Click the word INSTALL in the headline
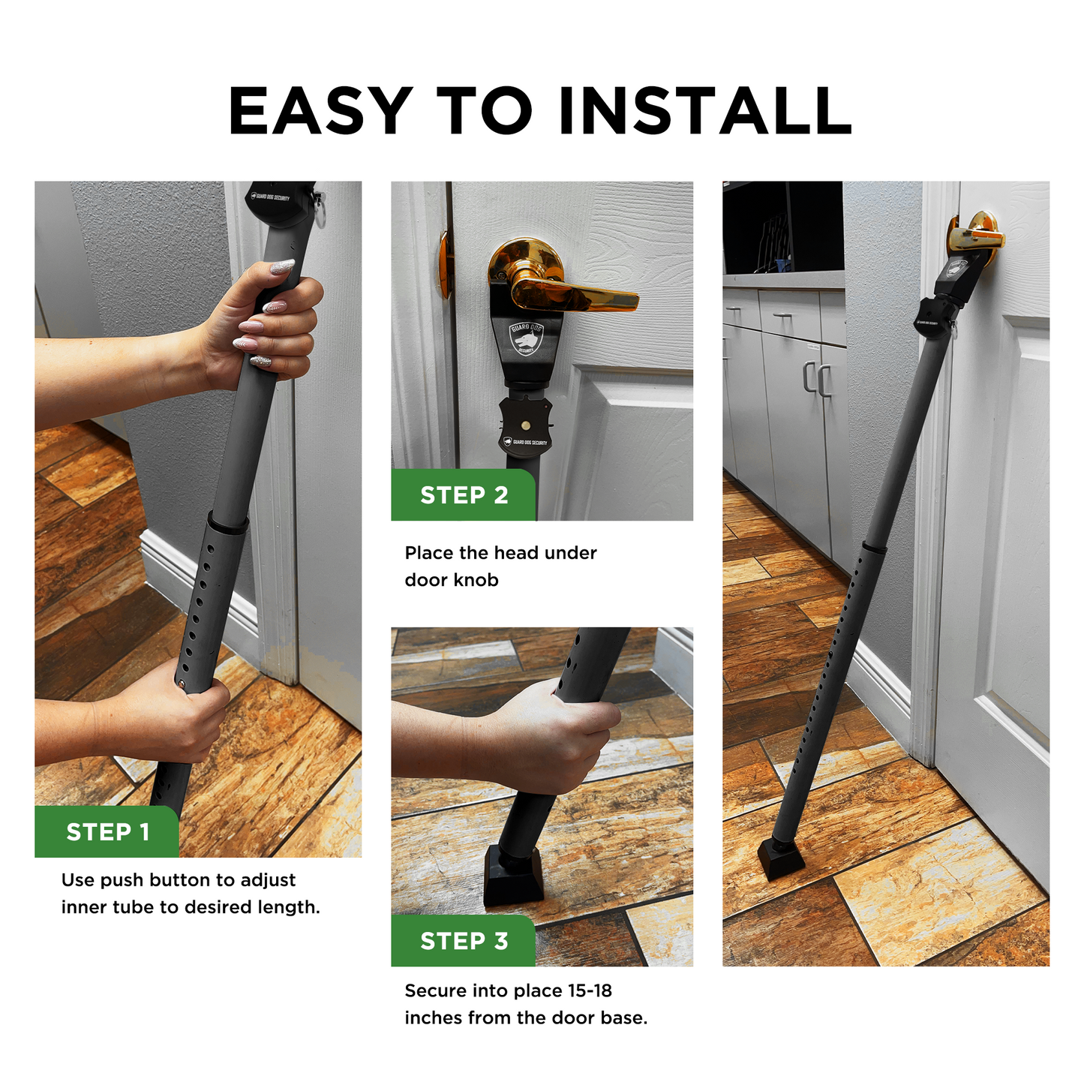(x=705, y=110)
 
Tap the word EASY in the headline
(x=320, y=110)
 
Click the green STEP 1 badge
(x=107, y=831)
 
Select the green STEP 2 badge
(x=464, y=495)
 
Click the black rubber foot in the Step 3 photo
(x=513, y=874)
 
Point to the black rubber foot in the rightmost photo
(x=780, y=859)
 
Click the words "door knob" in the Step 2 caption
(x=452, y=580)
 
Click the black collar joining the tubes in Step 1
(x=227, y=523)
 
